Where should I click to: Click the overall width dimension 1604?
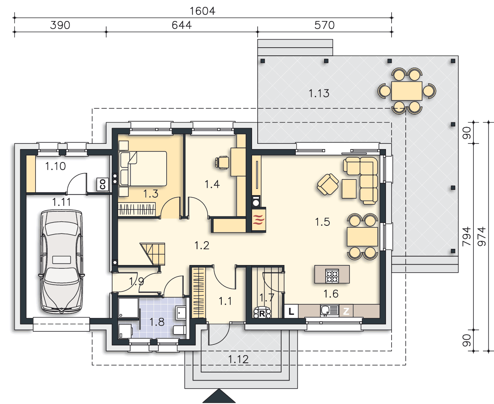coord(202,11)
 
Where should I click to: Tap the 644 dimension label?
coord(182,25)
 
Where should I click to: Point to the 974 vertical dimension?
coord(481,236)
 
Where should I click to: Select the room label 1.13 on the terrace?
coord(319,93)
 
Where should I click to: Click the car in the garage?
coord(61,261)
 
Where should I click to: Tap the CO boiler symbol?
coord(103,184)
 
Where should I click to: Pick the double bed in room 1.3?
coord(143,168)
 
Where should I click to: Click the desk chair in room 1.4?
coord(222,162)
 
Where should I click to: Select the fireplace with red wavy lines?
coord(259,220)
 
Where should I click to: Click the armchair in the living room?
coord(328,184)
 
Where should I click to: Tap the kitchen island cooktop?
coord(332,276)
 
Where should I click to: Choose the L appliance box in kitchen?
coord(291,311)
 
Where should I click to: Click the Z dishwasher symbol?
coord(346,311)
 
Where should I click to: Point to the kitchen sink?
coord(329,311)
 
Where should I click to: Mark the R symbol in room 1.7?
coord(262,313)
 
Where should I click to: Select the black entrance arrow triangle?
coord(219,396)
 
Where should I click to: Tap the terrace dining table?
coord(407,91)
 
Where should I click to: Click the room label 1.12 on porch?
coord(238,359)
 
